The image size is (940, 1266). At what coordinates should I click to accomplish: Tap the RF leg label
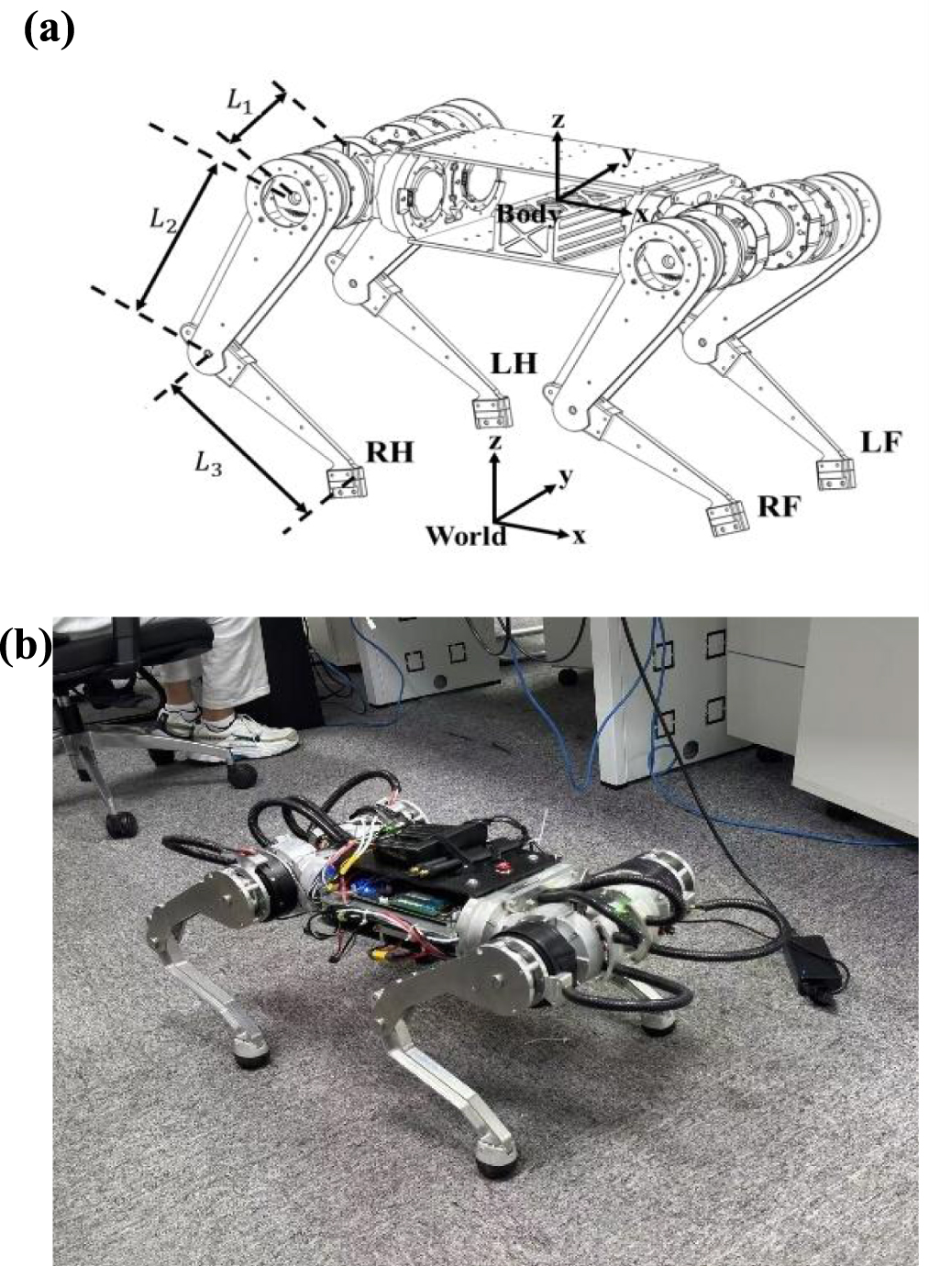coord(779,506)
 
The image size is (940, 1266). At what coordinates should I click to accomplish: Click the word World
coord(466,536)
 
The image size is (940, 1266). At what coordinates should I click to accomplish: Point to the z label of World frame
coord(494,442)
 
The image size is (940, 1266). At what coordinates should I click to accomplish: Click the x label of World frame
coord(579,536)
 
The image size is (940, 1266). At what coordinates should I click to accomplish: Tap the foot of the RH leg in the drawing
coord(347,482)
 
